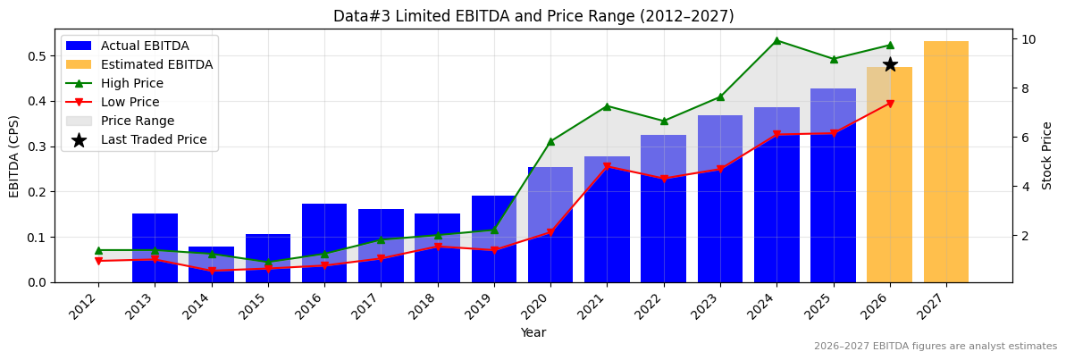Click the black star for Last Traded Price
click(x=890, y=64)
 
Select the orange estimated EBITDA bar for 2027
click(x=946, y=161)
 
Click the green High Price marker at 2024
click(x=776, y=40)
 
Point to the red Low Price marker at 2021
click(x=607, y=166)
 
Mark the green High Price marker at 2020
click(x=550, y=141)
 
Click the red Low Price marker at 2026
click(x=890, y=104)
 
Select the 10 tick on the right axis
click(x=1028, y=39)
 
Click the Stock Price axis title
click(x=1047, y=155)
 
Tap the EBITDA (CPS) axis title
click(x=14, y=155)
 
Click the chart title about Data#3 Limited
click(x=533, y=16)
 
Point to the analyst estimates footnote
click(x=935, y=347)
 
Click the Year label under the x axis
click(x=533, y=332)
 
